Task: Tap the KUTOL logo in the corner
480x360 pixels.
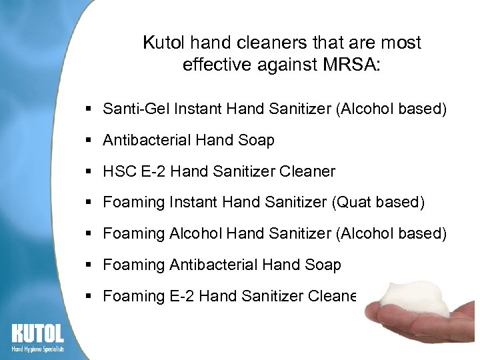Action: [x=37, y=333]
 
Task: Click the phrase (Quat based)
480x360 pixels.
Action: [x=377, y=202]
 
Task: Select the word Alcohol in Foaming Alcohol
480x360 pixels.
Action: [x=195, y=233]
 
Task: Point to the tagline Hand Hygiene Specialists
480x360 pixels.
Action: [x=37, y=348]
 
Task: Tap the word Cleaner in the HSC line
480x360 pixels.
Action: [x=307, y=171]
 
